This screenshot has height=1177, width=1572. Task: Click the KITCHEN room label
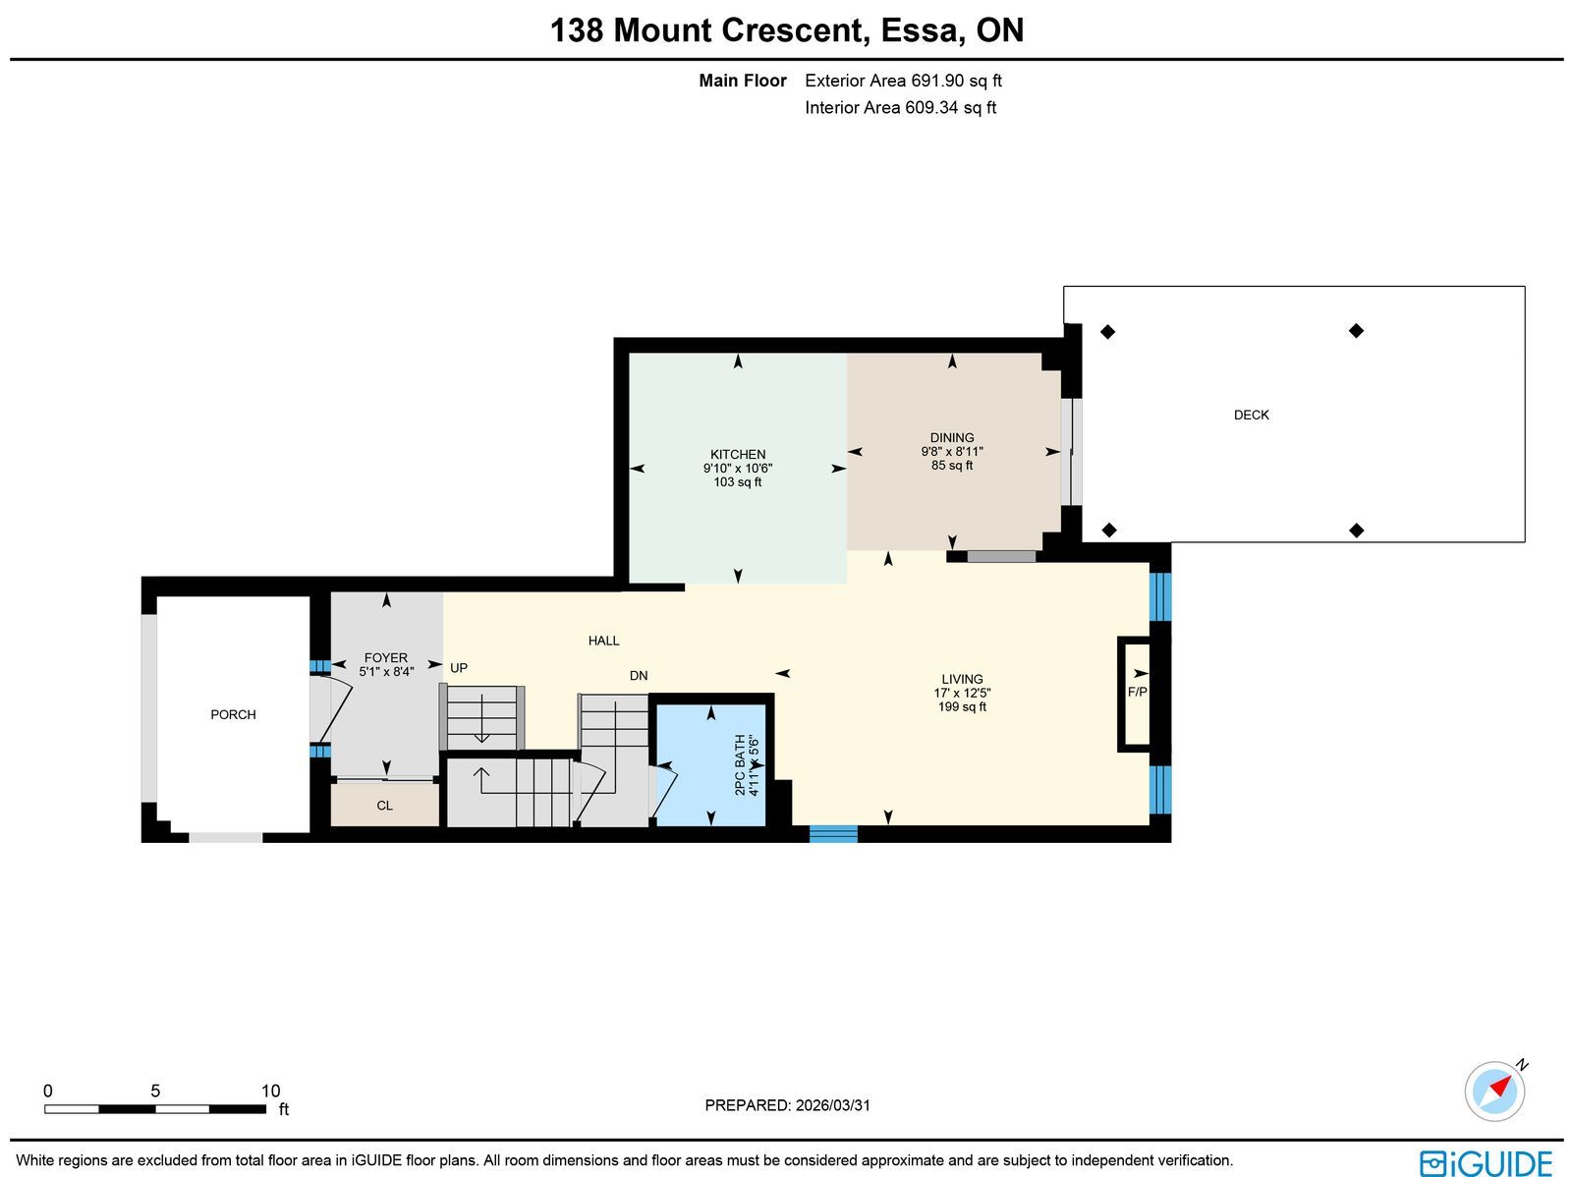(x=738, y=455)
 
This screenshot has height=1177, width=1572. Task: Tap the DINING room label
(x=952, y=437)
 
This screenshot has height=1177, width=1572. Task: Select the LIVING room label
(x=962, y=679)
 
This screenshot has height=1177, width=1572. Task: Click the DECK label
(x=1251, y=415)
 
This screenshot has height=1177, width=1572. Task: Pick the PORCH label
(x=233, y=714)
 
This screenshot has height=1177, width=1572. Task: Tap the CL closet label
(x=384, y=806)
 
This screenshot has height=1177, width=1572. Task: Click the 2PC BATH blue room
(x=711, y=765)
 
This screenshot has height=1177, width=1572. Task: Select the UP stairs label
(x=459, y=668)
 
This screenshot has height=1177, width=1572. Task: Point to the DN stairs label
(x=638, y=676)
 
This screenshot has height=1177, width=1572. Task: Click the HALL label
(x=603, y=641)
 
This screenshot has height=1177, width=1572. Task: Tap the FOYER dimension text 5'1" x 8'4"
(x=387, y=672)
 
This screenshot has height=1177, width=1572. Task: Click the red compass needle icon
(x=1499, y=1089)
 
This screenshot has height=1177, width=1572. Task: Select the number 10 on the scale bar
(x=270, y=1091)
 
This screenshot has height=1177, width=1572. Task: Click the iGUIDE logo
(x=1486, y=1162)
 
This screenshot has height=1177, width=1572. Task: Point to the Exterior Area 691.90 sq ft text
(x=903, y=81)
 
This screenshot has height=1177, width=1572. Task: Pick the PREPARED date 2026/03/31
(x=833, y=1105)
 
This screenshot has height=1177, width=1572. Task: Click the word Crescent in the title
(x=796, y=30)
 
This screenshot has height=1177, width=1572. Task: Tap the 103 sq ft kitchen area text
(x=738, y=481)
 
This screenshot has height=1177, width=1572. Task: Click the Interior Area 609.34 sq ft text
(x=900, y=107)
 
